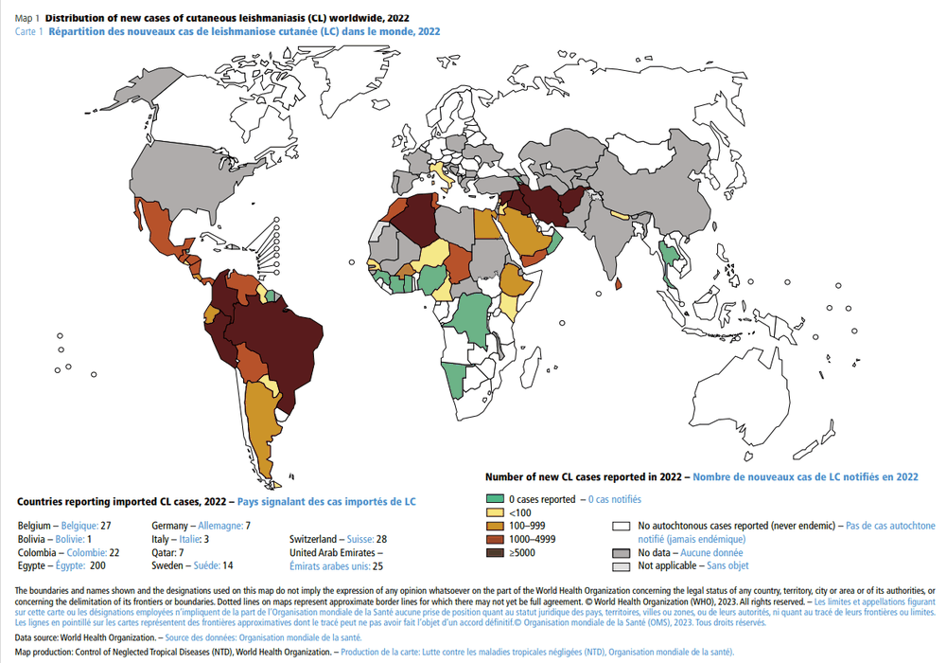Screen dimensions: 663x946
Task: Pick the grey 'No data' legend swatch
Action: [622, 551]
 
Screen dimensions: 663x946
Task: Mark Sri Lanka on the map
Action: [619, 282]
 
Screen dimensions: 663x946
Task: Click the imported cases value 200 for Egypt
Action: [97, 564]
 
